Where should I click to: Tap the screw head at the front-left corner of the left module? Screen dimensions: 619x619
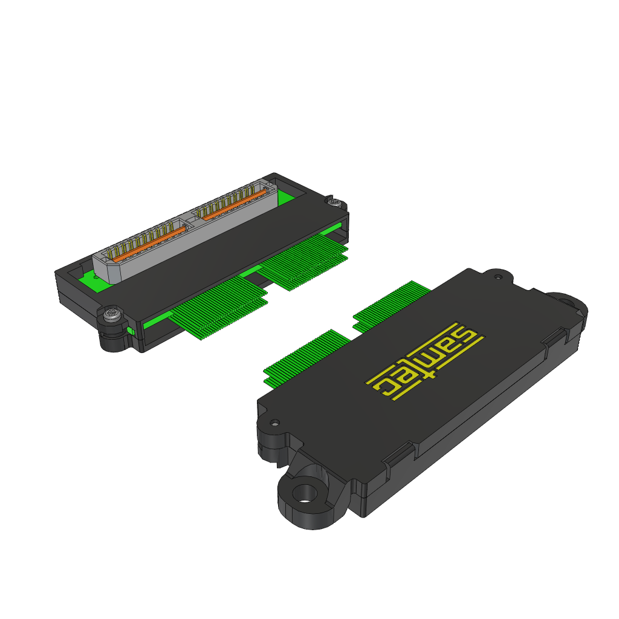coord(111,314)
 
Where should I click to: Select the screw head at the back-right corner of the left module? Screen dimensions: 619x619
coord(334,202)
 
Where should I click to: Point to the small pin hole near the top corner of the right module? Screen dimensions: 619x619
coord(498,277)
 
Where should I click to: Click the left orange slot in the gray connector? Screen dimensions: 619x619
coord(149,244)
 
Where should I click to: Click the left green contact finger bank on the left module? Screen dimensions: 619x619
coord(219,306)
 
